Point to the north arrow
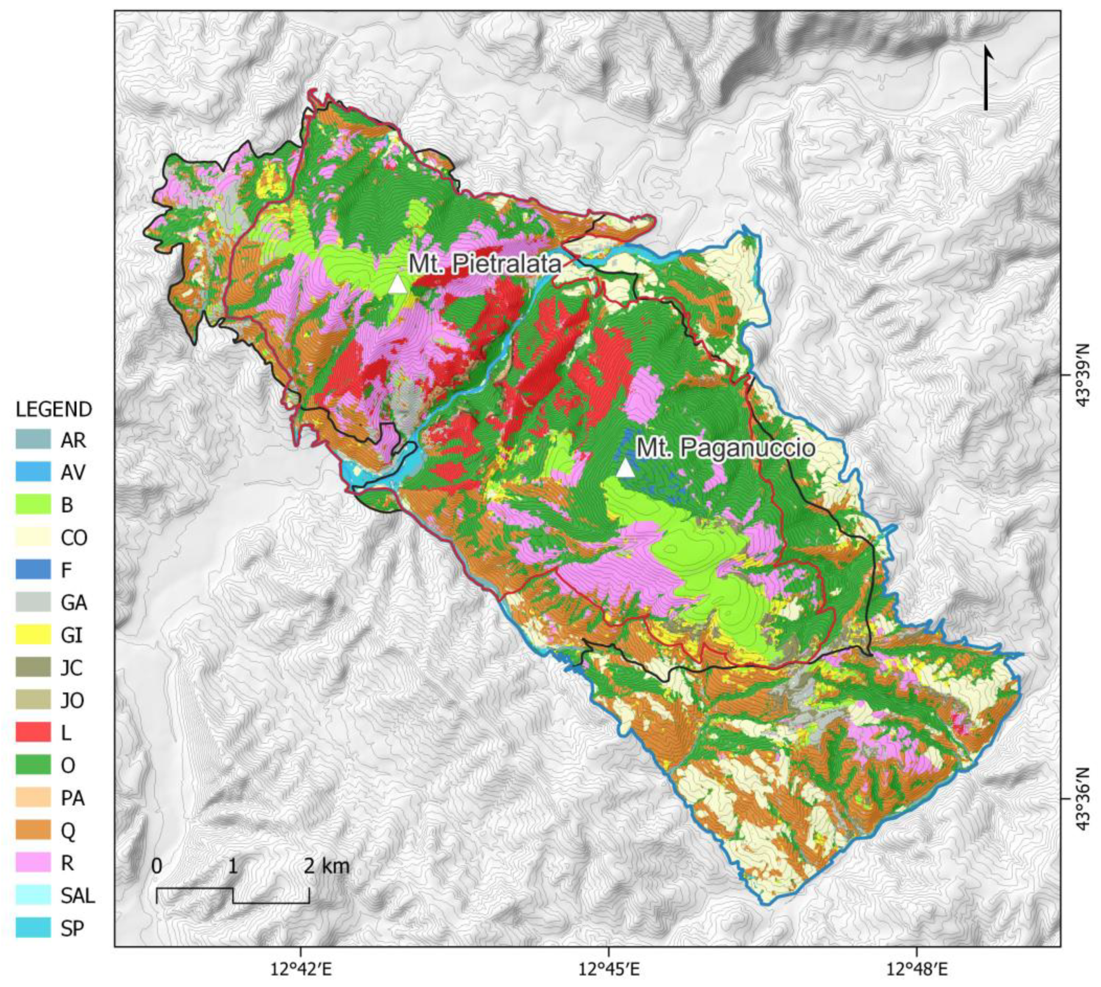(986, 79)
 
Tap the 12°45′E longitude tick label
(608, 967)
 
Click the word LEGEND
(54, 409)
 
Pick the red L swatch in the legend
(33, 733)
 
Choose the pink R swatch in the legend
(33, 862)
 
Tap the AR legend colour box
(33, 440)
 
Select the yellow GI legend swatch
(33, 635)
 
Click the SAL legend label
(78, 896)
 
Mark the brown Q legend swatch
(33, 830)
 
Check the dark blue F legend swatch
(33, 570)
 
